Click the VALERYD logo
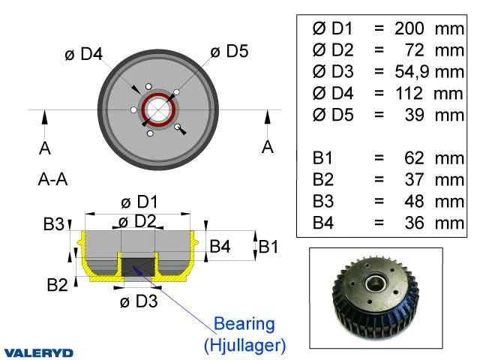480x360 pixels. click(38, 353)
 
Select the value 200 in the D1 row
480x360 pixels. click(409, 28)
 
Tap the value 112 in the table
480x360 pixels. click(409, 93)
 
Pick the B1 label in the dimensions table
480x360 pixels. click(322, 158)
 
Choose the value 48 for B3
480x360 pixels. click(414, 202)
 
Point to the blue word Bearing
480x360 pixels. click(244, 325)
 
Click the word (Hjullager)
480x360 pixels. click(244, 345)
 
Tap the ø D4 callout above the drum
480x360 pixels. click(83, 54)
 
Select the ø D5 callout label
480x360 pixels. click(229, 51)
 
